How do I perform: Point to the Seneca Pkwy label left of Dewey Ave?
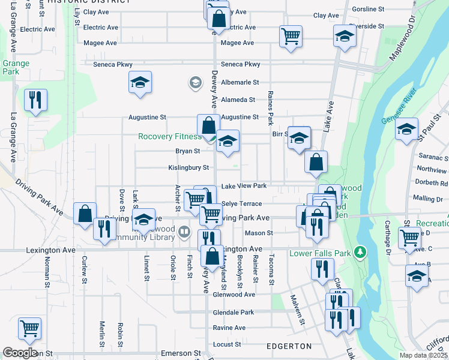pyautogui.click(x=113, y=64)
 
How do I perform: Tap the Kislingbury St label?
pyautogui.click(x=188, y=168)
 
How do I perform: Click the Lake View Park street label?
pyautogui.click(x=244, y=186)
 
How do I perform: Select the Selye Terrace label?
pyautogui.click(x=242, y=204)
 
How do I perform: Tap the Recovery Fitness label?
pyautogui.click(x=170, y=136)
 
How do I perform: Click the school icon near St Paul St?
pyautogui.click(x=406, y=130)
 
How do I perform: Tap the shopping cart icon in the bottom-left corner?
pyautogui.click(x=29, y=328)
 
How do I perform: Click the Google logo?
pyautogui.click(x=20, y=353)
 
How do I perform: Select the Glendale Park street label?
pyautogui.click(x=234, y=313)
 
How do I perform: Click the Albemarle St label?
pyautogui.click(x=240, y=82)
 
